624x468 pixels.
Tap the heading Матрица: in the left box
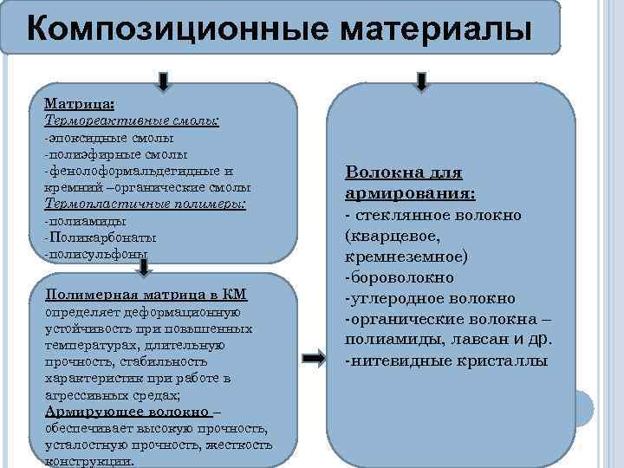tap(80, 105)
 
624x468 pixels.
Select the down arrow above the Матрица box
tap(164, 80)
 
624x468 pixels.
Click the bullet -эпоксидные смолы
tap(108, 138)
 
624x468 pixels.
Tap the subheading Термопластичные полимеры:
tap(145, 205)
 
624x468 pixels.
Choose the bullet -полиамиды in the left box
tap(85, 221)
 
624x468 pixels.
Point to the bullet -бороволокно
tap(399, 276)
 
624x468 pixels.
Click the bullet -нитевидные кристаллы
tap(445, 360)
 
